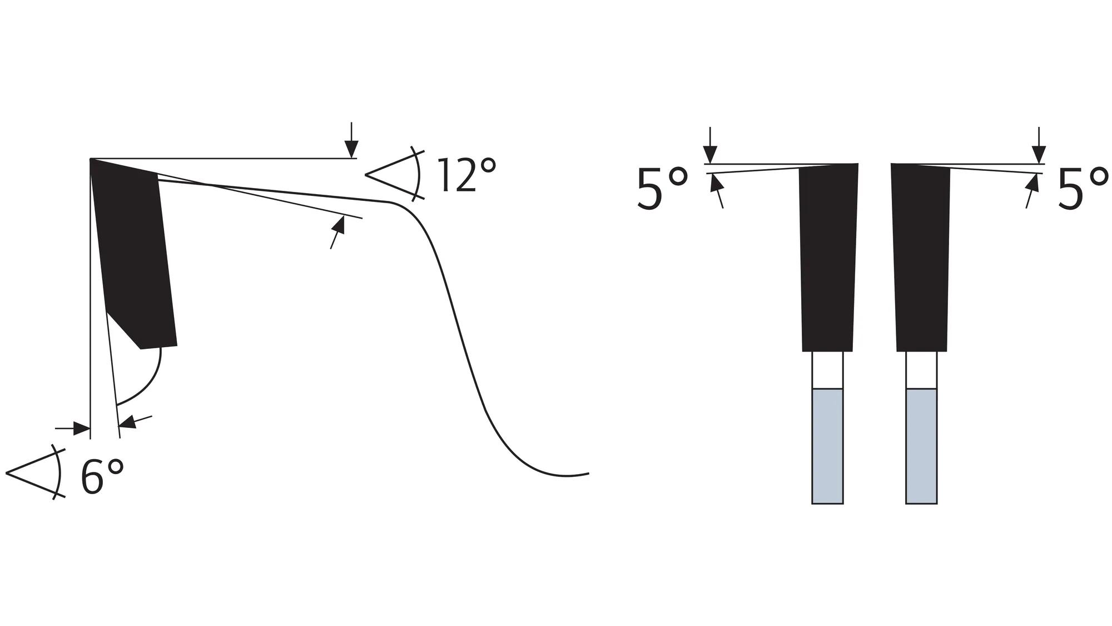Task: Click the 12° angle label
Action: (466, 175)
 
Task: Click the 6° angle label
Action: (102, 476)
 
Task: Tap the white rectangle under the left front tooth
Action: (827, 370)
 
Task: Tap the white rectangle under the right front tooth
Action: (921, 370)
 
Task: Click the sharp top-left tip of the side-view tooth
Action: (91, 160)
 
